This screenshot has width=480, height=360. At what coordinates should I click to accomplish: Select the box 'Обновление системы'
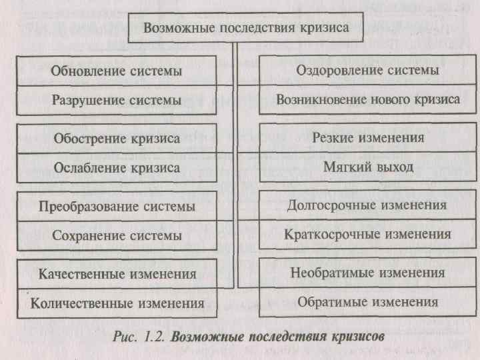(x=117, y=70)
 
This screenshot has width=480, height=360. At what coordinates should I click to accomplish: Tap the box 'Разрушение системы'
(x=117, y=100)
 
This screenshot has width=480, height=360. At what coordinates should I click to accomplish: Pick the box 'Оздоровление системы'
(x=367, y=70)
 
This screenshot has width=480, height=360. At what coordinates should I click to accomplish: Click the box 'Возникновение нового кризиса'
(x=367, y=99)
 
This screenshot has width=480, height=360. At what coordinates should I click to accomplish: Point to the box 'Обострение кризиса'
(x=117, y=139)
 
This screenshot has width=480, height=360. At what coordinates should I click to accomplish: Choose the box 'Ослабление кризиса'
(x=117, y=168)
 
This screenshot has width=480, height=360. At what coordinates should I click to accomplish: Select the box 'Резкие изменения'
(x=367, y=138)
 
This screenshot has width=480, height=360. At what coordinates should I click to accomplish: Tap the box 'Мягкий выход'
(x=367, y=167)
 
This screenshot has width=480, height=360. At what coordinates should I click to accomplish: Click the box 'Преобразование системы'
(x=117, y=206)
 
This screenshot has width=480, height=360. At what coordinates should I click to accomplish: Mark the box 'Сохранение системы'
(x=117, y=235)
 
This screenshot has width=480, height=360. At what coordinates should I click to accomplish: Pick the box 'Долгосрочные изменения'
(x=367, y=205)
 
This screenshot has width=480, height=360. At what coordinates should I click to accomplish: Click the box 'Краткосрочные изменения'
(x=367, y=235)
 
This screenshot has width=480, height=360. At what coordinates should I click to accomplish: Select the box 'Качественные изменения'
(x=117, y=273)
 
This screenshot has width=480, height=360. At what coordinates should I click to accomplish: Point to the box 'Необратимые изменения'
(x=367, y=273)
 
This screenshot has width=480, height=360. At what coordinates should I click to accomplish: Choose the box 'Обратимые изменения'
(x=367, y=302)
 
